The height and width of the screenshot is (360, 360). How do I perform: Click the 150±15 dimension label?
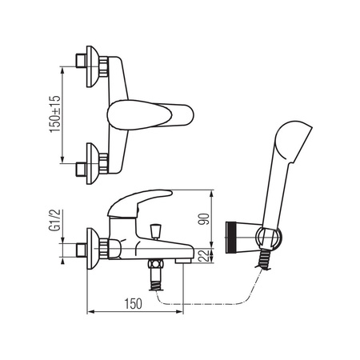(x=55, y=114)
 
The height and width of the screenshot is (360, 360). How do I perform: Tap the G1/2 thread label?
(x=54, y=220)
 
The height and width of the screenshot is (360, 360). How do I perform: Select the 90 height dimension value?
(x=205, y=219)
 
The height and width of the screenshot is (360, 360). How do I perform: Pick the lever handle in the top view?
(x=150, y=115)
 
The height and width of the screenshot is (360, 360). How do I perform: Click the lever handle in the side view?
(x=139, y=203)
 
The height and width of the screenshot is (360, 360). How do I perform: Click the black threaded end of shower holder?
(x=230, y=238)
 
